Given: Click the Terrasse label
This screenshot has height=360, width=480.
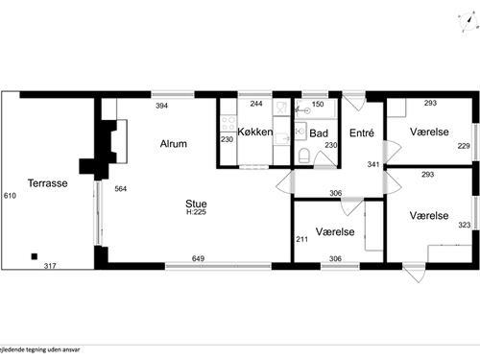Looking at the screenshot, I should [x=46, y=182].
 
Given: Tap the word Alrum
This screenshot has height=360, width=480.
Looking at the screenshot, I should [x=173, y=144].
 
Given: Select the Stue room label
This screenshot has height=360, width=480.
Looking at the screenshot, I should [x=200, y=203].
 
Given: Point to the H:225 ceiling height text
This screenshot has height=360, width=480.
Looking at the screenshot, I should [x=200, y=212].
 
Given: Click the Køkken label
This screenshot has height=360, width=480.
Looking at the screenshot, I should [x=255, y=132].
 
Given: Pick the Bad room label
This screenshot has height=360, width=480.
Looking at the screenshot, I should [x=320, y=132].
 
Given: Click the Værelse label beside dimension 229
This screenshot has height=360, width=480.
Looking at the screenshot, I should [x=429, y=132].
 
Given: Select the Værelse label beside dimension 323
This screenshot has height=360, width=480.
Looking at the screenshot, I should [x=429, y=216].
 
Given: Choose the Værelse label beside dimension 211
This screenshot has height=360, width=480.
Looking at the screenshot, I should [x=335, y=232].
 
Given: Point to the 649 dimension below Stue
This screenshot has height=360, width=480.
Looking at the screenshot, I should [x=199, y=259].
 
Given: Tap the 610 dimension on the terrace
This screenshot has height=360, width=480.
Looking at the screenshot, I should [x=11, y=196].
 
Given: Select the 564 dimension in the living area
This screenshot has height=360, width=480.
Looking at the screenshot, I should [x=120, y=189].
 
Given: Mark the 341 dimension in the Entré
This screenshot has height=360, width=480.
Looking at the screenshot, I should [x=373, y=164].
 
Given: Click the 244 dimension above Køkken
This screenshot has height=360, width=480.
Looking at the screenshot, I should [x=256, y=104].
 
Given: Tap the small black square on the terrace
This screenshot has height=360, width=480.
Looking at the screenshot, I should [x=35, y=255].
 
